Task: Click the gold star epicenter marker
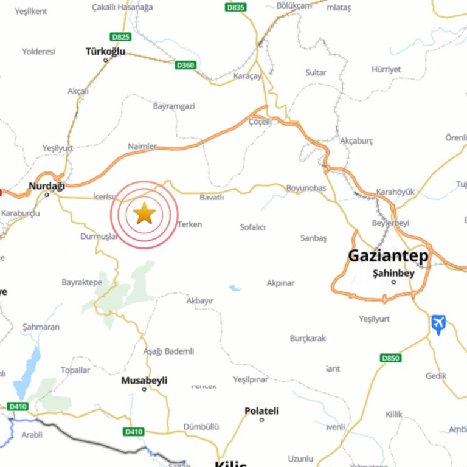pyautogui.click(x=144, y=213)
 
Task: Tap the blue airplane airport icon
pyautogui.click(x=438, y=323)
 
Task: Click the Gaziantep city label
pyautogui.click(x=388, y=256)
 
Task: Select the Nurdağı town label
pyautogui.click(x=47, y=186)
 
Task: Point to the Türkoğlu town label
pyautogui.click(x=105, y=52)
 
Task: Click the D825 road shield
pyautogui.click(x=120, y=37)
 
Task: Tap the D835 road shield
pyautogui.click(x=235, y=7)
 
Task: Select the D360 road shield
pyautogui.click(x=185, y=65)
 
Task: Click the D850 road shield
pyautogui.click(x=390, y=358)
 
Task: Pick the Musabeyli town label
pyautogui.click(x=144, y=381)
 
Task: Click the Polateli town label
pyautogui.click(x=261, y=411)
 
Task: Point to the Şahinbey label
pyautogui.click(x=393, y=274)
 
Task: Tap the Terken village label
pyautogui.click(x=189, y=224)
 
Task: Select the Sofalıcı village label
pyautogui.click(x=252, y=227)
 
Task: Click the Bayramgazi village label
pyautogui.click(x=174, y=106)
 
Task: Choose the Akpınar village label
pyautogui.click(x=280, y=283)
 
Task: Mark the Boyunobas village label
pyautogui.click(x=306, y=189)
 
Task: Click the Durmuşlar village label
pyautogui.click(x=99, y=237)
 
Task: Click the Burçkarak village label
pyautogui.click(x=308, y=338)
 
